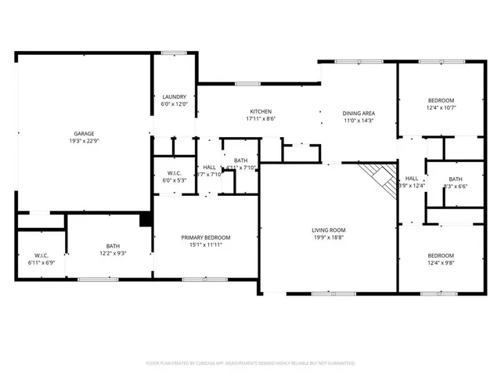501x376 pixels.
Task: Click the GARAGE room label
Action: [84, 133]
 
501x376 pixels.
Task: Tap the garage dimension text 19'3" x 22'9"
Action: [84, 142]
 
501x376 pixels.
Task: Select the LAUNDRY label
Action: [175, 97]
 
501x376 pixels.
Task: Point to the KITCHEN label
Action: [261, 111]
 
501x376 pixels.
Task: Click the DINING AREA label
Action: [359, 113]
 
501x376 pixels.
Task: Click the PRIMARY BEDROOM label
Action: [206, 237]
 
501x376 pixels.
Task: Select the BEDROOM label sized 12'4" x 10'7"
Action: [441, 100]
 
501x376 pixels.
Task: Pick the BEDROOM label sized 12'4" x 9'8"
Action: [441, 255]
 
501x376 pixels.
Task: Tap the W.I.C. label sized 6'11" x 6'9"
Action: [41, 255]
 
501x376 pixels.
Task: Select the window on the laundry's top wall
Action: [173, 53]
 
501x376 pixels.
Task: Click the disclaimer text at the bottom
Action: [250, 363]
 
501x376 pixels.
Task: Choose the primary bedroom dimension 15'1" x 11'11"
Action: [206, 246]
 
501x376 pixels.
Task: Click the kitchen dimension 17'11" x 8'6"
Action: [261, 119]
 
